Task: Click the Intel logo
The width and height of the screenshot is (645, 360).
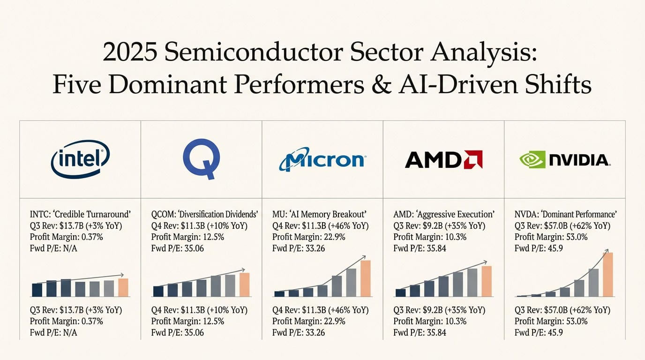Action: pyautogui.click(x=80, y=159)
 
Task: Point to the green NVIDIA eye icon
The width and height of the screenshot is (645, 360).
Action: pyautogui.click(x=532, y=159)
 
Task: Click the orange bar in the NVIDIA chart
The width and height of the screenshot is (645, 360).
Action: pyautogui.click(x=607, y=274)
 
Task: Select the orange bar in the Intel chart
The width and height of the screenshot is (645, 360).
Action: pyautogui.click(x=123, y=287)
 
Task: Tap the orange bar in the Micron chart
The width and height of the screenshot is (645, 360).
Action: pyautogui.click(x=366, y=278)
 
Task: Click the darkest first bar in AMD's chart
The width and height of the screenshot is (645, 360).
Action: pyautogui.click(x=400, y=292)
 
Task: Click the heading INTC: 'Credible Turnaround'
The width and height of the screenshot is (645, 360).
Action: pyautogui.click(x=80, y=214)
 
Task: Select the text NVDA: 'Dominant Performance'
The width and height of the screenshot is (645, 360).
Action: pyautogui.click(x=565, y=214)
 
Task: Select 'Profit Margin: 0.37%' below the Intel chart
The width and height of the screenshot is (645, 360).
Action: pyautogui.click(x=67, y=321)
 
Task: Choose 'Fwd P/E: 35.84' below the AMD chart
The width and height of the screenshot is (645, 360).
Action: pyautogui.click(x=420, y=332)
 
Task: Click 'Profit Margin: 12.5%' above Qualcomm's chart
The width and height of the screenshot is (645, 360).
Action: pyautogui.click(x=188, y=237)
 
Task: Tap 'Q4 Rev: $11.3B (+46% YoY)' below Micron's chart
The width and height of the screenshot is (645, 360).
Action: pyautogui.click(x=321, y=310)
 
